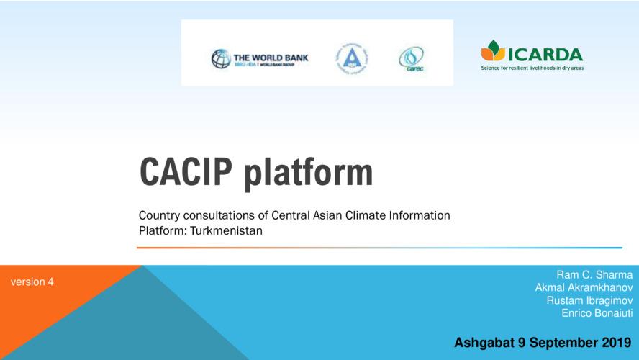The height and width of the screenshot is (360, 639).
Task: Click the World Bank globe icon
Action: [221, 59]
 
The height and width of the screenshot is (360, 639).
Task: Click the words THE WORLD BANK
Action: [271, 55]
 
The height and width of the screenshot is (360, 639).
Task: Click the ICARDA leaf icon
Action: [493, 50]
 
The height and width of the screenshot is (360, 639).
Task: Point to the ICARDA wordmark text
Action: [545, 53]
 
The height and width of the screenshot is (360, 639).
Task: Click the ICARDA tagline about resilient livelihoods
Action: [532, 68]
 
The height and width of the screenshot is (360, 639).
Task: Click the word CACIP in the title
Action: [186, 172]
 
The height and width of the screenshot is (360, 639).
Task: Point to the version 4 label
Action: [32, 282]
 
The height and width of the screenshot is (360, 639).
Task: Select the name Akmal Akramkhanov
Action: [584, 287]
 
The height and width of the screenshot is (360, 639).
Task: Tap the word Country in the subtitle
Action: [158, 215]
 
